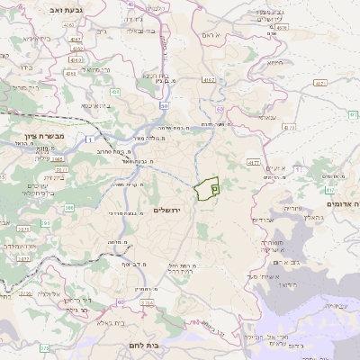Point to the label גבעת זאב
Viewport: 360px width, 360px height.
42,9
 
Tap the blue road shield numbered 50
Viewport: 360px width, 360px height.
167,105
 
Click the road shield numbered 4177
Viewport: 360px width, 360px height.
253,163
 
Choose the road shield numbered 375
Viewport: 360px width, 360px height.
44,347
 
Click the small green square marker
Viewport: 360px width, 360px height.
215,189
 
